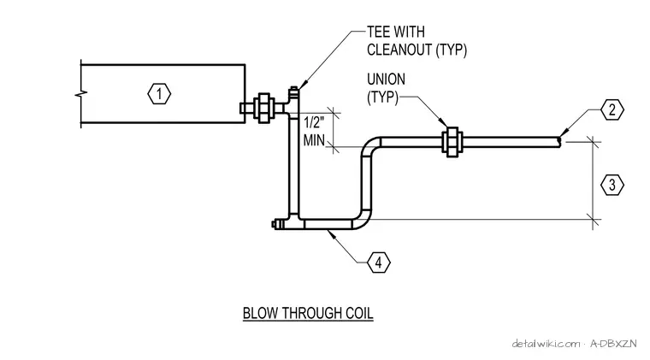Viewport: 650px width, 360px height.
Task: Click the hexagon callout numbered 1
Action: [159, 94]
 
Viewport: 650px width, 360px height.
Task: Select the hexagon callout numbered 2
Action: [612, 109]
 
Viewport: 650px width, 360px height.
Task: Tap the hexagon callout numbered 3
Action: [612, 185]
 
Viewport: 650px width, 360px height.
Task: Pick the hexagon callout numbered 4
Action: [379, 263]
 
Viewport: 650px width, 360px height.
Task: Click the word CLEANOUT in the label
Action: [399, 50]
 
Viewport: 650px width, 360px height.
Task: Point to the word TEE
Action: [378, 32]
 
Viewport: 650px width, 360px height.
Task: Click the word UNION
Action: [386, 80]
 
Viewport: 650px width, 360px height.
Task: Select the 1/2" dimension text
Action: [314, 122]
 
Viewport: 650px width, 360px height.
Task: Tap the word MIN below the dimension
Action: [314, 140]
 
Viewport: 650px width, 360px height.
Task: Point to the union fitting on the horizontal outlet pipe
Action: [452, 142]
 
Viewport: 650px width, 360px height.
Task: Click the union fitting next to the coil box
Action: [263, 108]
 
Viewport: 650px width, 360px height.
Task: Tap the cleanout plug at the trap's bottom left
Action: [277, 224]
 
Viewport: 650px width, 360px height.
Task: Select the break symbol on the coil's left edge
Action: [81, 95]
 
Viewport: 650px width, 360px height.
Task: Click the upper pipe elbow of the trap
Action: [370, 145]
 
